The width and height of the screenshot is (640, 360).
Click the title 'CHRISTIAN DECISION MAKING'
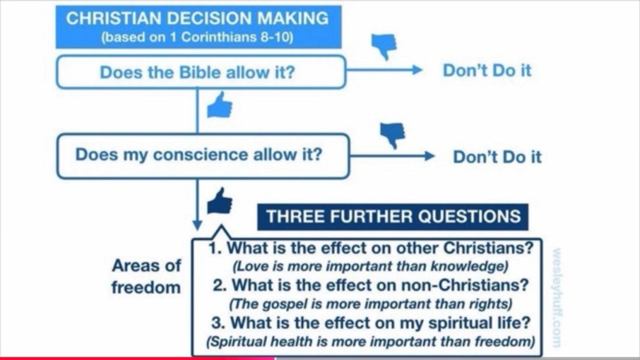click(x=197, y=18)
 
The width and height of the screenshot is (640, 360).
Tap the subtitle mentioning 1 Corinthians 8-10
click(x=197, y=37)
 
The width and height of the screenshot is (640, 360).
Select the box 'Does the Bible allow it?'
click(x=201, y=72)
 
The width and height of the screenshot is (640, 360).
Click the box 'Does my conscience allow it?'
click(x=203, y=156)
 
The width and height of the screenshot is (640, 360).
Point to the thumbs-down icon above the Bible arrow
click(x=384, y=46)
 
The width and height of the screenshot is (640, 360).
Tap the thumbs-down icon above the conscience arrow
click(x=392, y=135)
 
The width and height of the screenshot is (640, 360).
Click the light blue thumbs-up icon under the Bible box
click(x=219, y=105)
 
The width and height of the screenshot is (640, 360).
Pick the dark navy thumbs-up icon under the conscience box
click(x=219, y=201)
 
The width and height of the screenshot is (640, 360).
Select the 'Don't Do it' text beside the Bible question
click(x=487, y=70)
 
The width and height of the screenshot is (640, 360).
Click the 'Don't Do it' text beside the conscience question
click(x=497, y=157)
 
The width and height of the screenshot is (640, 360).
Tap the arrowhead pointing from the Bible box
click(x=417, y=70)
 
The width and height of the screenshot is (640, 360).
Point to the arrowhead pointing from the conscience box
click(x=429, y=156)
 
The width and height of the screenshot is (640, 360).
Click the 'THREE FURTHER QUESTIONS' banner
click(x=392, y=217)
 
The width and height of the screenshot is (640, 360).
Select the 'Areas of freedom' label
click(x=146, y=276)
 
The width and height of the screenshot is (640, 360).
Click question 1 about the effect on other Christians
click(x=371, y=247)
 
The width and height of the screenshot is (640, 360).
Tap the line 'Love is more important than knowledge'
click(x=370, y=266)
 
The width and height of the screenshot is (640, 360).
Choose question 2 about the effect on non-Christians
click(x=371, y=285)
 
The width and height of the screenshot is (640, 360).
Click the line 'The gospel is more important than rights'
click(x=370, y=304)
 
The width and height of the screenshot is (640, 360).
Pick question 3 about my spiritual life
click(x=371, y=322)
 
